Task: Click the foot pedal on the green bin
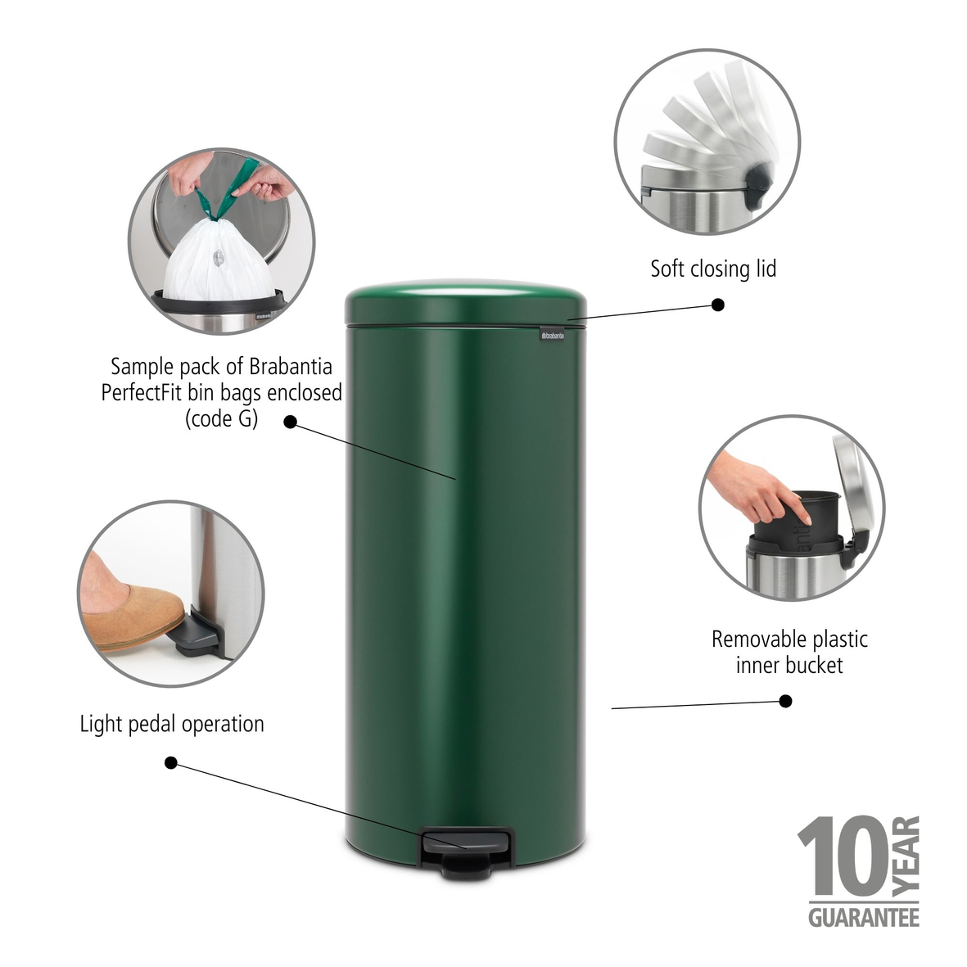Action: pos(467,851)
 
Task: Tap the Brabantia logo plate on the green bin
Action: pos(553,335)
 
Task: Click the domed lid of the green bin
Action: pos(466,301)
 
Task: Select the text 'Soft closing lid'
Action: pos(713,269)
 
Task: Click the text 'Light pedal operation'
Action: pos(172,724)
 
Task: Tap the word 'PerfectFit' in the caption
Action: pos(141,393)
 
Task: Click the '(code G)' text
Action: pos(221,419)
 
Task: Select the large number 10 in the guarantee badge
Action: pos(843,856)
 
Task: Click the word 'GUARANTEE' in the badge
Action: pos(863,917)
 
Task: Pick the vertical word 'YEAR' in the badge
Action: pos(906,856)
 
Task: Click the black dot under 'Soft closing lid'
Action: pos(718,305)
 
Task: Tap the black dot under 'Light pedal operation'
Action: pos(171,763)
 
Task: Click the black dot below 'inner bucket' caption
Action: pos(786,701)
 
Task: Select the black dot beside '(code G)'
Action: pos(291,422)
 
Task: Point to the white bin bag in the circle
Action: pos(219,259)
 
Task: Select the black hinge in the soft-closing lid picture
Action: pos(758,180)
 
